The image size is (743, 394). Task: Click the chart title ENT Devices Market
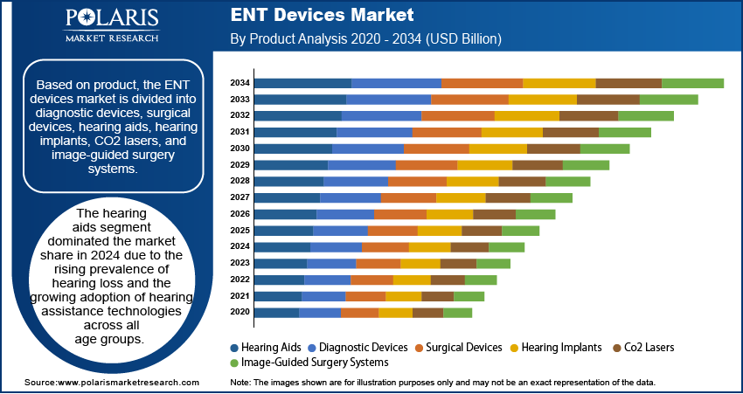pyautogui.click(x=323, y=16)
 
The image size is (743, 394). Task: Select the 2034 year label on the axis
pyautogui.click(x=240, y=83)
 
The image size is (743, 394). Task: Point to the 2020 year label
pyautogui.click(x=240, y=312)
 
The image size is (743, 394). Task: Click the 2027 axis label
pyautogui.click(x=240, y=197)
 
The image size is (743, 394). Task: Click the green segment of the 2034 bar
pyautogui.click(x=692, y=83)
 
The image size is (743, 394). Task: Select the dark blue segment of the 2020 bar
pyautogui.click(x=276, y=312)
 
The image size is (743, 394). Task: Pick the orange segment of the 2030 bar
pyautogui.click(x=436, y=149)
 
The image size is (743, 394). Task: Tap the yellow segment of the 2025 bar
pyautogui.click(x=439, y=231)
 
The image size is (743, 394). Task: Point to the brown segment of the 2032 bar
pyautogui.click(x=588, y=115)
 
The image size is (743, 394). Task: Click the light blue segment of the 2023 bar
pyautogui.click(x=331, y=263)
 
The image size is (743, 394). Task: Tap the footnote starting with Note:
pyautogui.click(x=441, y=383)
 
